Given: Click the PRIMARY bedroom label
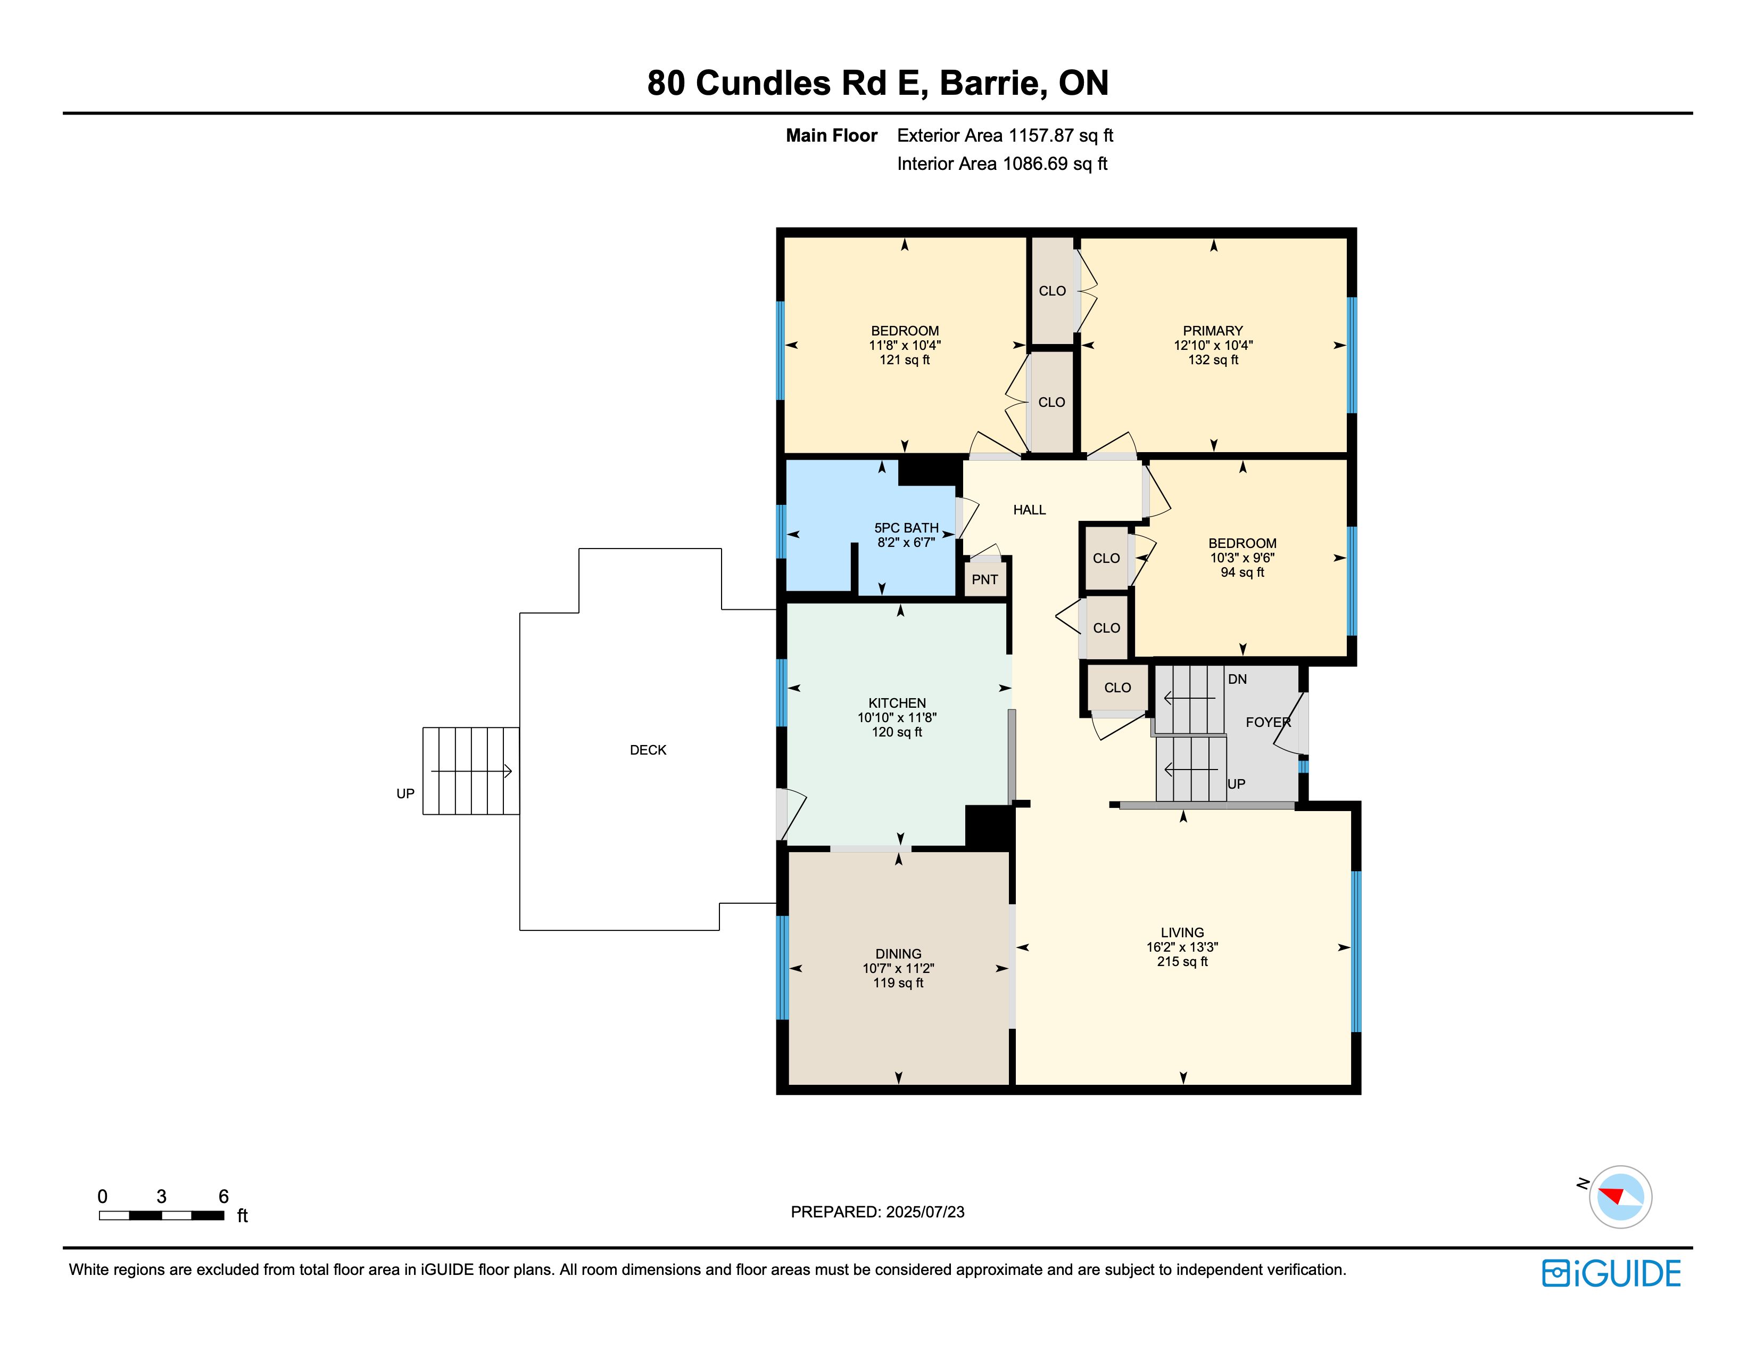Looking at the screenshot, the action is click(x=1213, y=331).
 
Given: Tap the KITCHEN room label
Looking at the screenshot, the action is click(x=897, y=703).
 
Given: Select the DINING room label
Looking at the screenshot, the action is click(x=898, y=954).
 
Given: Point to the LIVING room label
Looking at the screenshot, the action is click(x=1182, y=933).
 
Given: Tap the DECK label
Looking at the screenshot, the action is click(x=648, y=750).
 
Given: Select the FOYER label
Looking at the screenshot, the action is click(x=1268, y=723).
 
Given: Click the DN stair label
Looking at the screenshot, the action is click(x=1237, y=679).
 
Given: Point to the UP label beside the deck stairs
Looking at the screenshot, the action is click(x=405, y=794).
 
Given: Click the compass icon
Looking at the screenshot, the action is click(x=1620, y=1196).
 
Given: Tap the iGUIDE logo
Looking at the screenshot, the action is click(x=1611, y=1273).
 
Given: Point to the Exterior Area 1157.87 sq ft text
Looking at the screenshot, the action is click(x=1005, y=136).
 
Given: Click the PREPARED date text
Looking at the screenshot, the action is click(x=877, y=1212).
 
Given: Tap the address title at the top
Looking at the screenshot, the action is click(x=878, y=83).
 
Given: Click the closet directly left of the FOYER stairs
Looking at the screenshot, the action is click(x=1117, y=688).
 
